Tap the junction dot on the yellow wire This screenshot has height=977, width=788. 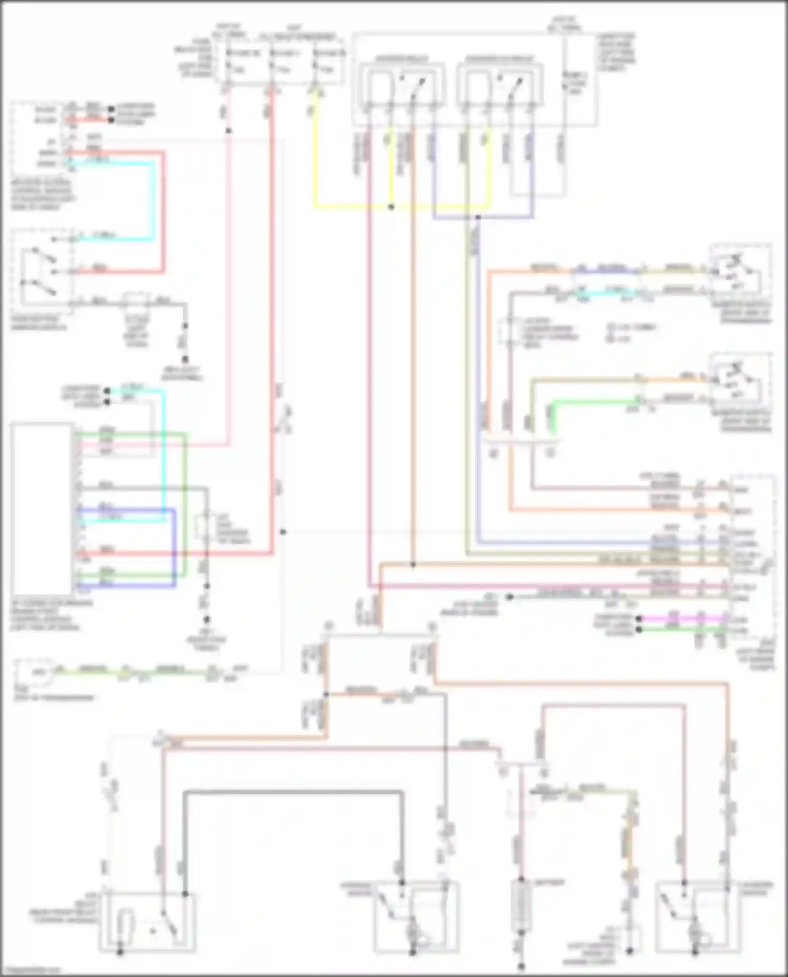coord(391,207)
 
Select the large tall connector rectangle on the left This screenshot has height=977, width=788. coord(42,508)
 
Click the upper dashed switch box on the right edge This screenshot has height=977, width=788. coord(740,276)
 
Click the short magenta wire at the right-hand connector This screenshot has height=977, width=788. coord(683,619)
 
